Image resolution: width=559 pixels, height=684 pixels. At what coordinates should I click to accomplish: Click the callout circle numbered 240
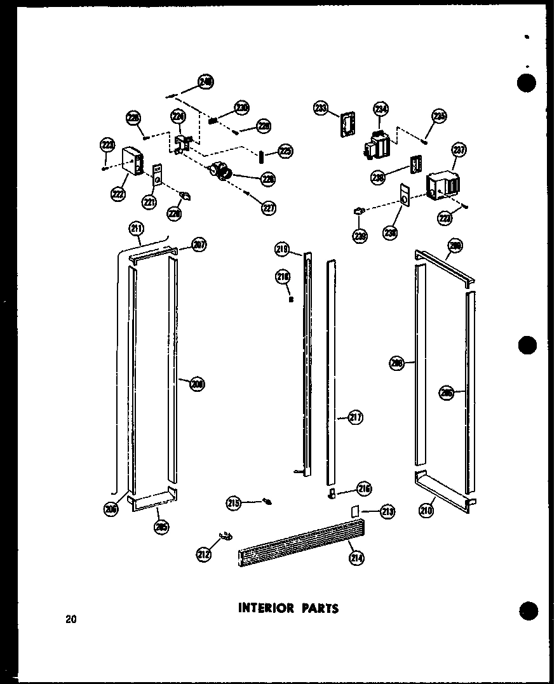[x=206, y=81]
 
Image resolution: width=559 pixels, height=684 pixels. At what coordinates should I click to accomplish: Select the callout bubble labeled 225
[x=285, y=152]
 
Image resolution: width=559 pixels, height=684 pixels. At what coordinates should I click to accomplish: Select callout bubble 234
[x=381, y=109]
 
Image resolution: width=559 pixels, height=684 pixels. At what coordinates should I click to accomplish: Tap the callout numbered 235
[x=439, y=116]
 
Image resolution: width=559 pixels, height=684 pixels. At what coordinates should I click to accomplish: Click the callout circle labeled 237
[x=459, y=151]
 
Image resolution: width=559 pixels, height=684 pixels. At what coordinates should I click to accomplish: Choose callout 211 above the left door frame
[x=136, y=229]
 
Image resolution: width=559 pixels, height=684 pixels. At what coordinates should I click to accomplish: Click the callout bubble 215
[x=234, y=503]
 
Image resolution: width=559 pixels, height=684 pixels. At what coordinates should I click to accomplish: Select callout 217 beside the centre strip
[x=355, y=418]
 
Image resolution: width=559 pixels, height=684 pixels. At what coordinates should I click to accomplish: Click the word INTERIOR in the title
[x=266, y=608]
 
